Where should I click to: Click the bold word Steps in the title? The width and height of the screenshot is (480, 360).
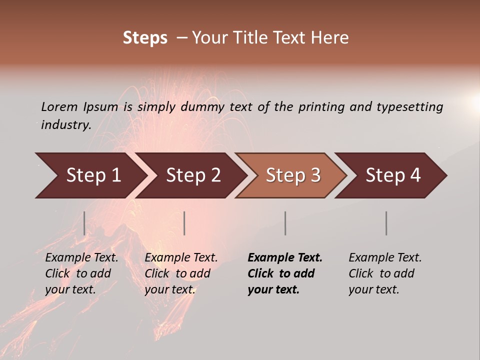[x=145, y=38]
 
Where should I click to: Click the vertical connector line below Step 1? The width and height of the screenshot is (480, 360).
[x=84, y=223]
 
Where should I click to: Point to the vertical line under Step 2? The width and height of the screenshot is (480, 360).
[x=184, y=223]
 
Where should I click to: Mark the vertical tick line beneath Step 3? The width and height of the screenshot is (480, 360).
[x=285, y=223]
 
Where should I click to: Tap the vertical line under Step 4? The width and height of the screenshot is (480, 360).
[x=386, y=223]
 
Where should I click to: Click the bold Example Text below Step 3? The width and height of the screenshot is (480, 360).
[x=285, y=258]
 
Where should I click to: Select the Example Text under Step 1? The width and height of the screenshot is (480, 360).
[x=81, y=258]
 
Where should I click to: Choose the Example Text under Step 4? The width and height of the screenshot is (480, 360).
[x=385, y=258]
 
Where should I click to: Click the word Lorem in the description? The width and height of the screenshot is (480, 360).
[x=59, y=106]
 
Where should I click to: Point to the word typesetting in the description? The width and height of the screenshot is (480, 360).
[x=409, y=107]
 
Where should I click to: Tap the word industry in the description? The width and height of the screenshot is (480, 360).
[x=65, y=124]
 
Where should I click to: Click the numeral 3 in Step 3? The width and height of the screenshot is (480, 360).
[x=315, y=175]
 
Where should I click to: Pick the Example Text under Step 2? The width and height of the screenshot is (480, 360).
[x=181, y=258]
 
